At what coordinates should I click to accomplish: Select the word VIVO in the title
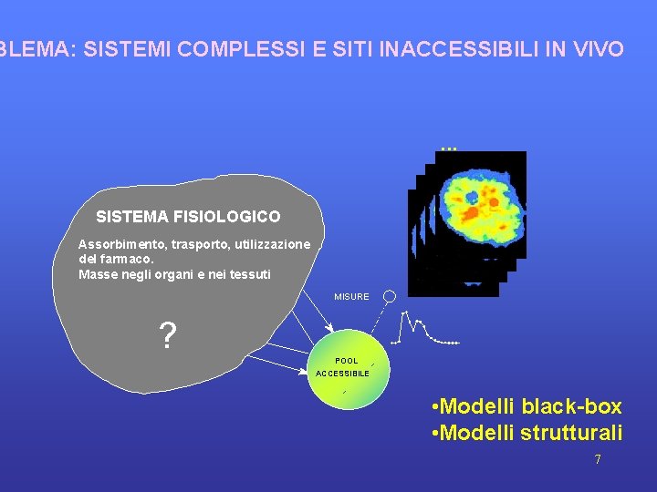pyautogui.click(x=598, y=49)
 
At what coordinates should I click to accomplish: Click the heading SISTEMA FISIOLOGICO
pyautogui.click(x=188, y=217)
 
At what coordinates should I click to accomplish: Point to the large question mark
pyautogui.click(x=168, y=337)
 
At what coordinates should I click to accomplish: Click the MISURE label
pyautogui.click(x=351, y=297)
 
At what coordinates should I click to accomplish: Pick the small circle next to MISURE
pyautogui.click(x=389, y=296)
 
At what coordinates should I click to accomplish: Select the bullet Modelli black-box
pyautogui.click(x=526, y=406)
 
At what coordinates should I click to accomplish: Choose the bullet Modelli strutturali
pyautogui.click(x=526, y=432)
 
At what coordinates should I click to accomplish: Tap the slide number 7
pyautogui.click(x=598, y=460)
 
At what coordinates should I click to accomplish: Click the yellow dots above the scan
pyautogui.click(x=447, y=148)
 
